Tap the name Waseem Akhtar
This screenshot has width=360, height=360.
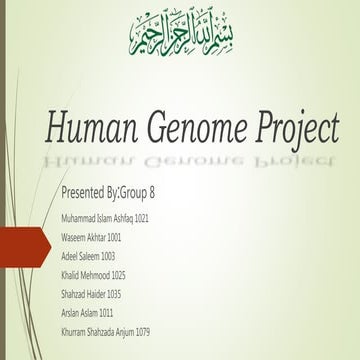[x=83, y=237]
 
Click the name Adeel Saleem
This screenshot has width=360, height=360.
[x=80, y=255]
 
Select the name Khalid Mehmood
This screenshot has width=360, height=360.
[x=85, y=274]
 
